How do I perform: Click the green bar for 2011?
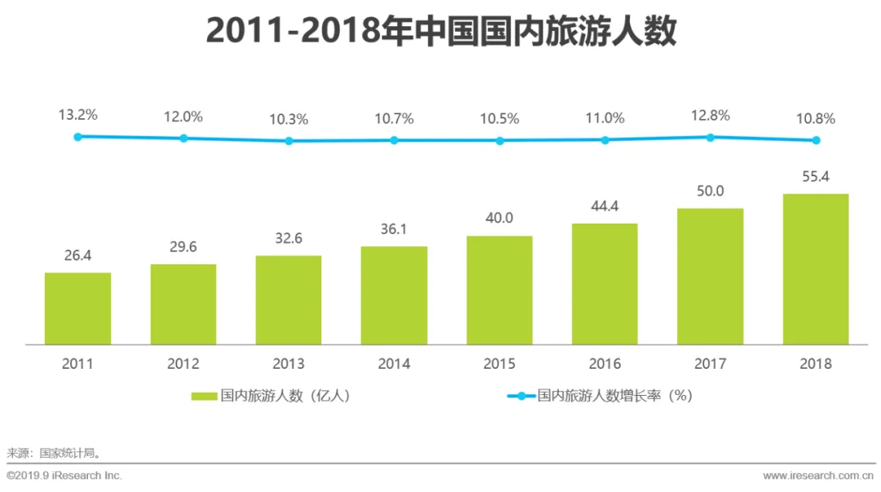[x=77, y=308]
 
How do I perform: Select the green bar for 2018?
[x=815, y=268]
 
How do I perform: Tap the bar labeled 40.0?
[x=499, y=290]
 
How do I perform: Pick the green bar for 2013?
[x=288, y=299]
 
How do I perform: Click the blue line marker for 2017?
[x=710, y=137]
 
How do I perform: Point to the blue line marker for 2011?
[x=77, y=136]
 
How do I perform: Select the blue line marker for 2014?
[x=394, y=140]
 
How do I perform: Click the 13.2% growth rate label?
[x=77, y=115]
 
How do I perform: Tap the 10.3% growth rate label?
[x=288, y=119]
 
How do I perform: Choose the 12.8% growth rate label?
[x=710, y=115]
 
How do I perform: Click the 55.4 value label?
[x=815, y=176]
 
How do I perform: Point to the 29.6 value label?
[x=183, y=247]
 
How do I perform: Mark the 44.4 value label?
[x=604, y=206]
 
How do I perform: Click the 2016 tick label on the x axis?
[x=604, y=364]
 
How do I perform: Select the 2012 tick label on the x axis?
[x=183, y=364]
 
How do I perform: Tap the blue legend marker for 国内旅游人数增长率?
[x=521, y=396]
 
